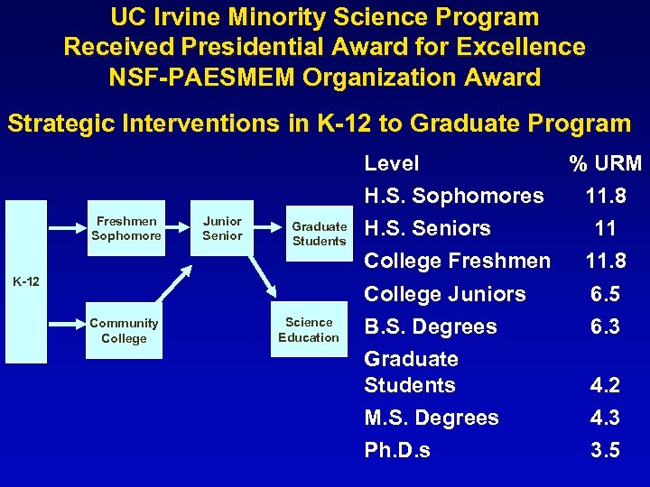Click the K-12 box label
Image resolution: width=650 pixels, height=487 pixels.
27,282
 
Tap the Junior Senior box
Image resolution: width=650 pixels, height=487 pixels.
222,228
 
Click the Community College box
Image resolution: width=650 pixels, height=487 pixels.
124,331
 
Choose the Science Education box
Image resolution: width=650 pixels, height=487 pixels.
309,330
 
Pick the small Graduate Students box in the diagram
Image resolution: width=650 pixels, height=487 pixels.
319,234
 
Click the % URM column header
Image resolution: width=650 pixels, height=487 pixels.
605,163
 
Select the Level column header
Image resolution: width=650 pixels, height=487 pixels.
391,163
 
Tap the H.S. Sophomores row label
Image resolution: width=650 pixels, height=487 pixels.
453,196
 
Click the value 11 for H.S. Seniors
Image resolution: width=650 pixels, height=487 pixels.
605,228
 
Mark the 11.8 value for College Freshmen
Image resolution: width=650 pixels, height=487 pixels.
605,261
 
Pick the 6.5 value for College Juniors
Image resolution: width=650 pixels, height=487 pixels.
605,294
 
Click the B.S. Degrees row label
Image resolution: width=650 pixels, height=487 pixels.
430,326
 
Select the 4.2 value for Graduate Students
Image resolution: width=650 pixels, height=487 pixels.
605,385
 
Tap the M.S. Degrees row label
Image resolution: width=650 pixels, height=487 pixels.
431,418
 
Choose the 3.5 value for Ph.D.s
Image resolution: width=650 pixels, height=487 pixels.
605,450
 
